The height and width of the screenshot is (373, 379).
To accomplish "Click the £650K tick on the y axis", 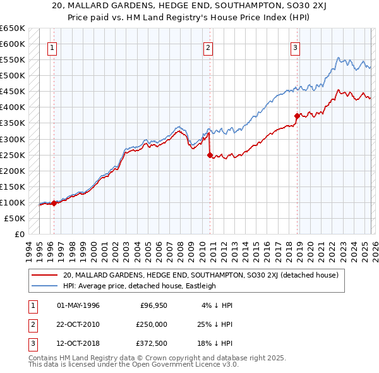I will [13, 28].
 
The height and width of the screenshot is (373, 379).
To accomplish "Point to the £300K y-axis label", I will [13, 139].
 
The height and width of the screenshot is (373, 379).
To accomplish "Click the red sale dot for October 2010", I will [210, 155].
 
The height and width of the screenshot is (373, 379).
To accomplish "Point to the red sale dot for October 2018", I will [296, 116].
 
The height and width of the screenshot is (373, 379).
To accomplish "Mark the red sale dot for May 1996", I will [54, 203].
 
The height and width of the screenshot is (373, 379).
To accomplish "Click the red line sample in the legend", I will [44, 276].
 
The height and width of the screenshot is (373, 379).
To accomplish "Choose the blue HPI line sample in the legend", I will [44, 286].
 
